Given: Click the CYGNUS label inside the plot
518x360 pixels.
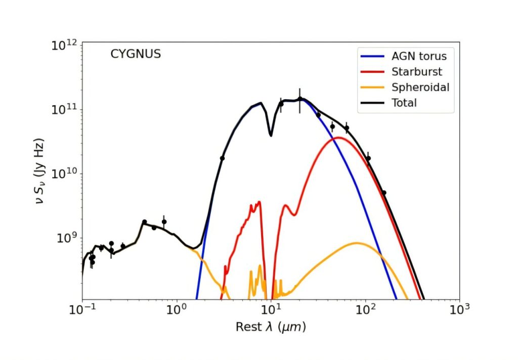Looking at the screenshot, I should tap(136, 54).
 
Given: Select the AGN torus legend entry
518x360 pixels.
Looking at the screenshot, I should tap(404, 56).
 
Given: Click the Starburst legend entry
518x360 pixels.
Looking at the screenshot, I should tap(404, 71).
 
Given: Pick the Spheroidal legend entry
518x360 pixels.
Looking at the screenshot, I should tap(404, 87).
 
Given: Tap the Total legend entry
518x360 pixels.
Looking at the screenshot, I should tap(404, 103).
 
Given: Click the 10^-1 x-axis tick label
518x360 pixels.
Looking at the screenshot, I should tap(82, 309).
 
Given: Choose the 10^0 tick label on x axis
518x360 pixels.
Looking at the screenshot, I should tap(177, 309).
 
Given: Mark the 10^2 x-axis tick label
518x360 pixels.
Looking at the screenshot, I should tap(365, 309).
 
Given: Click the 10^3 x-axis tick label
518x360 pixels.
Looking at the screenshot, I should tap(459, 309).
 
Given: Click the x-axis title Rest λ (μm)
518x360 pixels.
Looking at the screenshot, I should tap(271, 328).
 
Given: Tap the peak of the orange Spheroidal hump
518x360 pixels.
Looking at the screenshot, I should tap(357, 243).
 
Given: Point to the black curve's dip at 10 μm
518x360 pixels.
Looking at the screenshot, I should tap(271, 135).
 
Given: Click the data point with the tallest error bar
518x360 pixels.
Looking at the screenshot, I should tap(299, 99).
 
